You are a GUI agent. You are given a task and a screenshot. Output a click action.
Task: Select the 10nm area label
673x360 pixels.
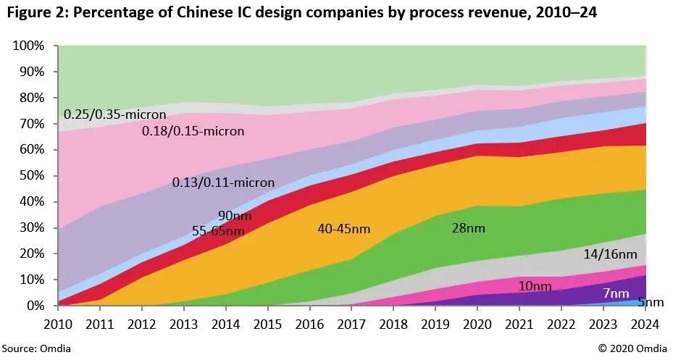tap(535, 286)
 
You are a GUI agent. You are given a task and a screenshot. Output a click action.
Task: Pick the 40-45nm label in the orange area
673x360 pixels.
tap(344, 229)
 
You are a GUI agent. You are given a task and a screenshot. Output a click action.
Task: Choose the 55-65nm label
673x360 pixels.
tap(218, 231)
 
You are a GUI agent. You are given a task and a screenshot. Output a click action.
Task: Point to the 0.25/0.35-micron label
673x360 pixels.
tap(114, 114)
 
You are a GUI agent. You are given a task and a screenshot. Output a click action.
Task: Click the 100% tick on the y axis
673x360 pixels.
tap(29, 46)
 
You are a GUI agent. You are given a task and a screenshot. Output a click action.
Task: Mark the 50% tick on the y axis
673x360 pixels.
tap(32, 176)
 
